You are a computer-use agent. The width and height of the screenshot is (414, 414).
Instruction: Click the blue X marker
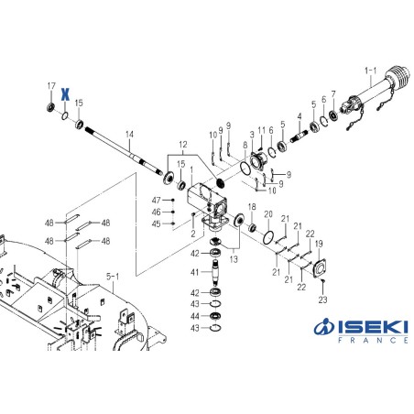[x=65, y=93]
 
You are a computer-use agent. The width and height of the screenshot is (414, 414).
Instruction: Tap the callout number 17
[x=51, y=86]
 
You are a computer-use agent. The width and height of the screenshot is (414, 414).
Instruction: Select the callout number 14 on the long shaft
[x=129, y=135]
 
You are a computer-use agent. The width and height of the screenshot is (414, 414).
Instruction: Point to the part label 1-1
[x=370, y=70]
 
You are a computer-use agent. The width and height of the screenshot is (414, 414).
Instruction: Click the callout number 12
[x=182, y=144]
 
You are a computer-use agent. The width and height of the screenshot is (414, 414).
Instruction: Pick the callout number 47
[x=157, y=200]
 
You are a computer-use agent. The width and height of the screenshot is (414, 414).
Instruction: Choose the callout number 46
[x=157, y=212]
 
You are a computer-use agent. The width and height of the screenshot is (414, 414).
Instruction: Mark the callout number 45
[x=157, y=223]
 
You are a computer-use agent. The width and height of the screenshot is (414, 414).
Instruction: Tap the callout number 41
[x=194, y=272]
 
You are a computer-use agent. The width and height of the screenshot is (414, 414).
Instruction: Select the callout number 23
[x=322, y=299]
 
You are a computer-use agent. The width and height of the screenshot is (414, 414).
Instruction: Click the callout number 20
[x=268, y=215]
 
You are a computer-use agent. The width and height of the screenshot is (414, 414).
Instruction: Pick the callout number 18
[x=252, y=207]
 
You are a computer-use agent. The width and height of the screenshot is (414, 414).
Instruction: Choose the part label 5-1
[x=114, y=274]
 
